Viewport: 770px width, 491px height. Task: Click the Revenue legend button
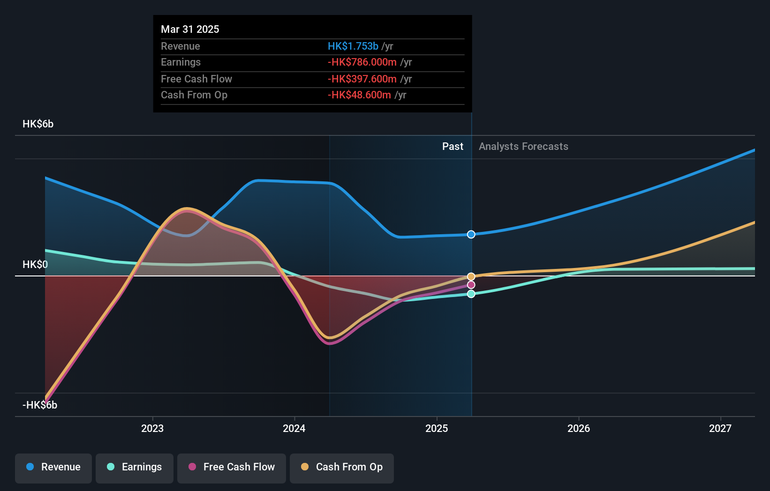click(x=53, y=467)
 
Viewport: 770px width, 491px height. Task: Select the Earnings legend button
click(x=135, y=467)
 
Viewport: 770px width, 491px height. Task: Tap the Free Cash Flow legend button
click(x=232, y=467)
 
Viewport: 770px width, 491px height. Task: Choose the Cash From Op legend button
click(x=342, y=467)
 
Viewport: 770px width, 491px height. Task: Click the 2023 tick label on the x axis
click(x=152, y=428)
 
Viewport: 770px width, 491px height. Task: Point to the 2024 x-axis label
click(x=294, y=428)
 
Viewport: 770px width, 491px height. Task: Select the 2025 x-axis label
click(x=437, y=428)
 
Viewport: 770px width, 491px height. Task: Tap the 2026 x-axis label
click(x=579, y=428)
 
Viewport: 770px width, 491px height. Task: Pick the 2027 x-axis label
click(x=720, y=428)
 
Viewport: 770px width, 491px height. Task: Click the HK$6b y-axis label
click(x=38, y=124)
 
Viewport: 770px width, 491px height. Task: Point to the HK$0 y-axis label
click(x=35, y=265)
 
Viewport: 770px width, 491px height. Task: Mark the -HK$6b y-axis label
click(x=40, y=405)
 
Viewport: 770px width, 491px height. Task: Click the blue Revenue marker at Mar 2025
click(x=471, y=234)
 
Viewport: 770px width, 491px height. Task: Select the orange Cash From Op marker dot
click(x=471, y=276)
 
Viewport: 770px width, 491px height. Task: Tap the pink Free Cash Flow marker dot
click(x=471, y=285)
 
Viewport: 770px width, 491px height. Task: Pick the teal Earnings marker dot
click(x=471, y=294)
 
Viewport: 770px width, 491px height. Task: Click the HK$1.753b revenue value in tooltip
click(x=353, y=46)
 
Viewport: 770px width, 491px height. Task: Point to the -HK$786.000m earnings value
click(x=362, y=62)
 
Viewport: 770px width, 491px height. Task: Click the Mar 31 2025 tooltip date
click(x=190, y=29)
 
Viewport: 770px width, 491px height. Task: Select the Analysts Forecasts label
click(x=523, y=147)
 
